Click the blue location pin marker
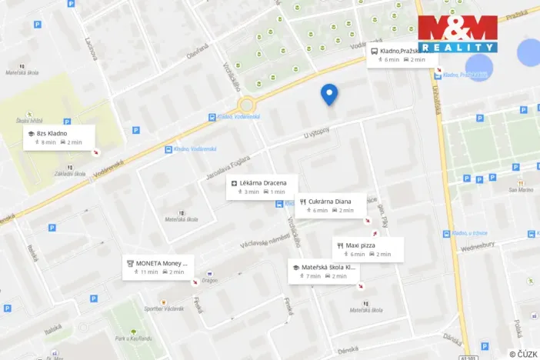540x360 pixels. point(329,94)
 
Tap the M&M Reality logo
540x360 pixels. point(457,33)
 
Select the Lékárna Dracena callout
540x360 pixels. point(258,187)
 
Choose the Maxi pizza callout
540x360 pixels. point(368,249)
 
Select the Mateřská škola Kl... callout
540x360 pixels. point(324,271)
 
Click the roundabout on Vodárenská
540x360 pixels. point(246,105)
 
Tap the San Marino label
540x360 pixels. point(521,190)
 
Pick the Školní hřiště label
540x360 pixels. point(28,121)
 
